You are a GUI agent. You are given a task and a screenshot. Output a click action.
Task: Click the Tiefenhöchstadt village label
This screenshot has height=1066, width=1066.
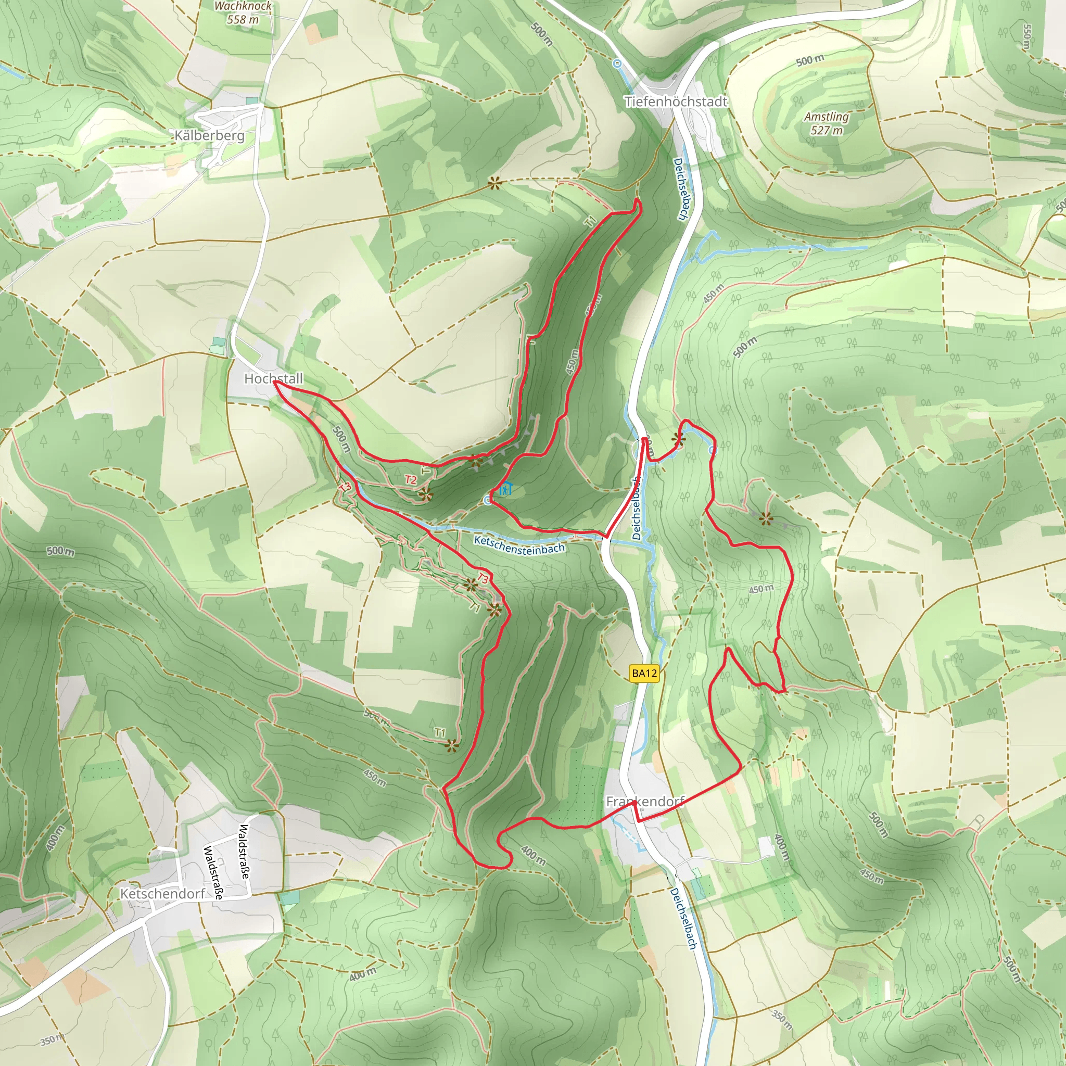[675, 101]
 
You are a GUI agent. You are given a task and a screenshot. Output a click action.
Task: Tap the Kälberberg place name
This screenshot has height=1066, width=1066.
[209, 135]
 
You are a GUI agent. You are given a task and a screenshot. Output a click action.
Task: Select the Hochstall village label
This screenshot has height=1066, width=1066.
[273, 378]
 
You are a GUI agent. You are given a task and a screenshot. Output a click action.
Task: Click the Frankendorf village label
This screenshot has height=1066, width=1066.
[644, 802]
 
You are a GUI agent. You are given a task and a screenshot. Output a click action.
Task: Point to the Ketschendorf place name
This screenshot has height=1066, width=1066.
[163, 893]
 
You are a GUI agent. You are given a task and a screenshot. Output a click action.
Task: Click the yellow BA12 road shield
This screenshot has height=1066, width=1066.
[644, 673]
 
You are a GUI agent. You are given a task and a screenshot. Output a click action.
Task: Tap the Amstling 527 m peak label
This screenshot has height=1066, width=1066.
[826, 123]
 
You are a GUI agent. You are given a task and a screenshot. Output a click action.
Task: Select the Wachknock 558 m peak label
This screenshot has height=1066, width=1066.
[243, 12]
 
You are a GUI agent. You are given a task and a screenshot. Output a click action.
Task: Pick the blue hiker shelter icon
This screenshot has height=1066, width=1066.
[505, 488]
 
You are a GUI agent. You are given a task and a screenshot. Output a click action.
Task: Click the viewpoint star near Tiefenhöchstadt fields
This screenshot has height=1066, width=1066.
[494, 184]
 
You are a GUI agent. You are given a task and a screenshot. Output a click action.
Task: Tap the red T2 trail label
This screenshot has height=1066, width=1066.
[411, 479]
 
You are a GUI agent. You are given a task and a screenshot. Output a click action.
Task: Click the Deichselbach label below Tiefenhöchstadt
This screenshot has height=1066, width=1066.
[680, 189]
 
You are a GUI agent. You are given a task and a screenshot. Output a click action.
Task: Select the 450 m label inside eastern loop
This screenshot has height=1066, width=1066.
[761, 589]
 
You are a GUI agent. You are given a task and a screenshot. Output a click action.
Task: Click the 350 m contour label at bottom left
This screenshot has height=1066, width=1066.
[51, 1040]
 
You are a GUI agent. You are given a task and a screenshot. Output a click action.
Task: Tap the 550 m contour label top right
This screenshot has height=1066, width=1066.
[1026, 36]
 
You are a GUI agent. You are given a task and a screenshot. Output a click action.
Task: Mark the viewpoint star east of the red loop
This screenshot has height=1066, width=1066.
[765, 518]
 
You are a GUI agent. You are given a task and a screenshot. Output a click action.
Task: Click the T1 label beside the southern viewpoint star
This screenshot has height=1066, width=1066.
[439, 733]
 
